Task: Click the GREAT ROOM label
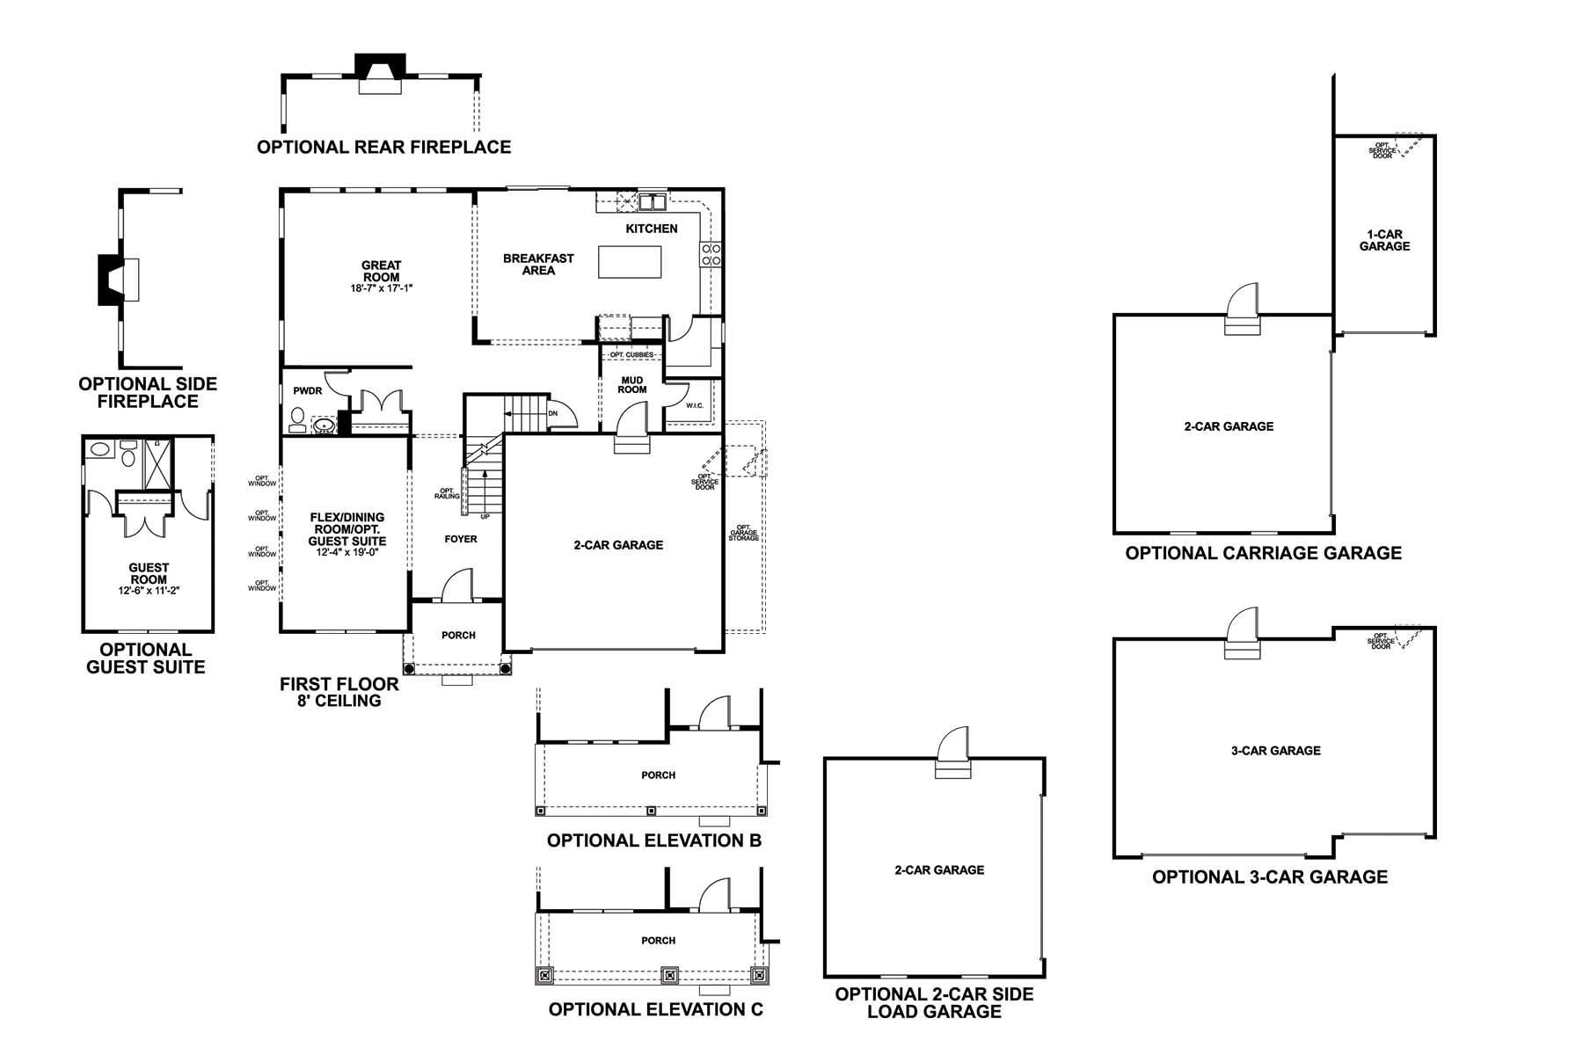tap(381, 271)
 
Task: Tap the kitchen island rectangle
tap(630, 262)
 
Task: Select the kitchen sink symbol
tap(652, 202)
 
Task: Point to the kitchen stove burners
tap(711, 254)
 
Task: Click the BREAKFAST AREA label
tap(538, 265)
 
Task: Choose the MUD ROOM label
tap(631, 385)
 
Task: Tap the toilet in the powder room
tap(297, 417)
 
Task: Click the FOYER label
tap(461, 539)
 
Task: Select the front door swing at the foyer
tap(458, 586)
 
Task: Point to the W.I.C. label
tap(695, 405)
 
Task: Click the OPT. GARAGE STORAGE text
tap(743, 533)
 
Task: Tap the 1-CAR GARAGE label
tap(1384, 240)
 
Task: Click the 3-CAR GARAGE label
tap(1275, 751)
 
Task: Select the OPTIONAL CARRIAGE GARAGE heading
tap(1263, 553)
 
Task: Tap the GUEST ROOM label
tap(149, 574)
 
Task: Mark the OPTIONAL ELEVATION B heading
tap(653, 840)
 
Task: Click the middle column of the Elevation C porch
tap(670, 975)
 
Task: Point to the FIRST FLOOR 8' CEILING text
tap(339, 692)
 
